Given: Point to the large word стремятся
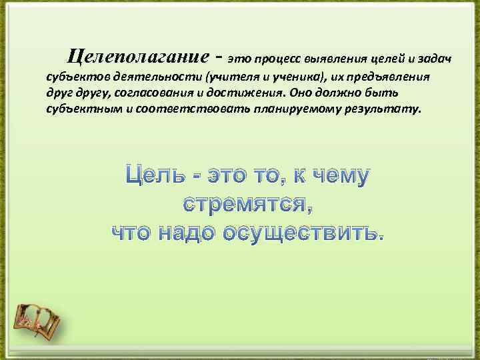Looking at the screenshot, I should tap(247, 204).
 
